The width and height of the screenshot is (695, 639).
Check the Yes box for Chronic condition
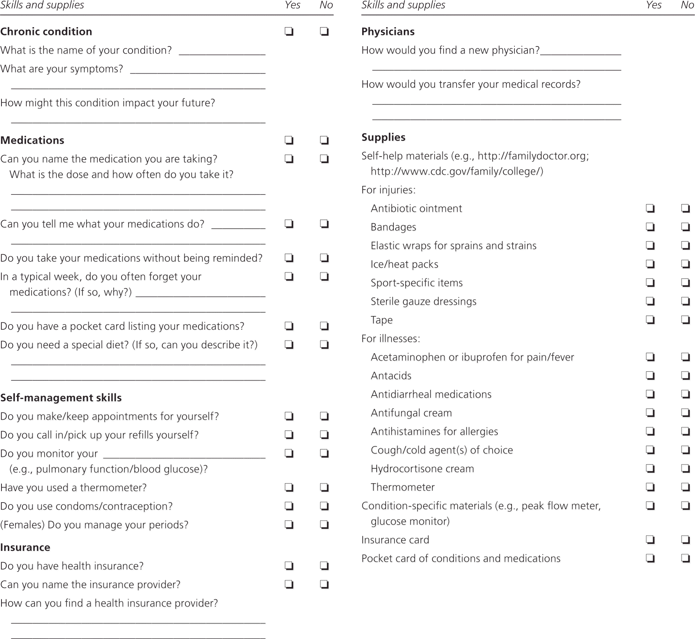289,31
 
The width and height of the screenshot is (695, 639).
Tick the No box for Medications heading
324,140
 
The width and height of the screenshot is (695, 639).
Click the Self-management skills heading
61,398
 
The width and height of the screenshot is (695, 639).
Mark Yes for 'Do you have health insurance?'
289,566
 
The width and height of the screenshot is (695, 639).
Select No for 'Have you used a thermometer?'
324,487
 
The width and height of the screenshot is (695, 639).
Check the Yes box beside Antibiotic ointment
650,208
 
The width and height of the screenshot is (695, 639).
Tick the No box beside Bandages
685,227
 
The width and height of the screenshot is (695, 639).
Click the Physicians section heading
388,32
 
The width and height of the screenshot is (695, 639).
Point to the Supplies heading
383,137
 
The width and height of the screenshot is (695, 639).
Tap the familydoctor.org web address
533,156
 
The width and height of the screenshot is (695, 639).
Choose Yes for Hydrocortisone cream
650,468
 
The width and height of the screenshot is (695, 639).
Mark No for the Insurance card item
685,540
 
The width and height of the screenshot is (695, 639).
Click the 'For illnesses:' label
391,339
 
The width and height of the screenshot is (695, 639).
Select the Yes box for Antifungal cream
650,413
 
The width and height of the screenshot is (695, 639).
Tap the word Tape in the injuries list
381,320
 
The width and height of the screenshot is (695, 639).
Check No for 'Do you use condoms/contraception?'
324,506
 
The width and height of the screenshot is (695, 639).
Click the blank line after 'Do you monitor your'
184,456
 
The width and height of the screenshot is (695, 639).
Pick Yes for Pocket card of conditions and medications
650,558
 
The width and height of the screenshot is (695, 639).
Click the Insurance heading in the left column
25,548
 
